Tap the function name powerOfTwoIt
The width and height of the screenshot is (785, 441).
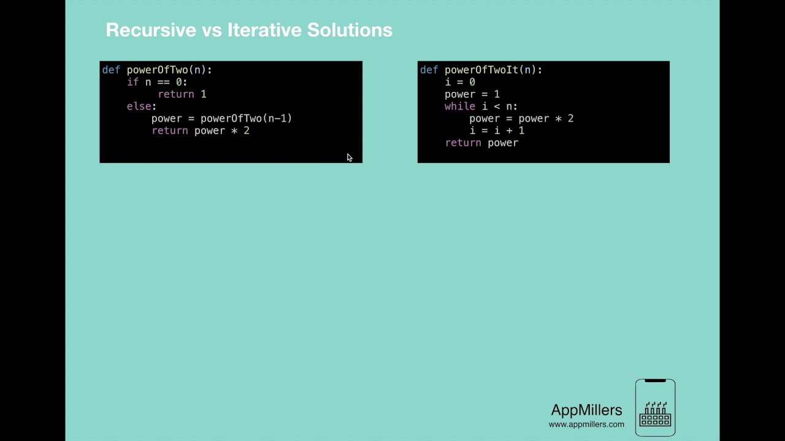point(481,70)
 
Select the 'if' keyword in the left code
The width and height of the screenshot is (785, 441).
point(132,82)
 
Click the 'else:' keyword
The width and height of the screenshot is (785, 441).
point(141,107)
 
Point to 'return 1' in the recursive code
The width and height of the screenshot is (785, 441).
point(182,94)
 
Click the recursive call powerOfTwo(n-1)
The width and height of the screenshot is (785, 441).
point(246,118)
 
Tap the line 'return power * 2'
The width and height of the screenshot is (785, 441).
point(200,130)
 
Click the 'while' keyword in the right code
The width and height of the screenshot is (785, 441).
point(460,107)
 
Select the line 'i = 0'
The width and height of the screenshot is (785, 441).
point(460,82)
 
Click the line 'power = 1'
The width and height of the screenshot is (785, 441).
point(472,94)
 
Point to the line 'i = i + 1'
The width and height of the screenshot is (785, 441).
point(497,130)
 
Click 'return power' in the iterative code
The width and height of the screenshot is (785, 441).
point(481,143)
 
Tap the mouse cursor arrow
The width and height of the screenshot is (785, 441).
point(349,157)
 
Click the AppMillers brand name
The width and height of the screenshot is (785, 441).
point(586,410)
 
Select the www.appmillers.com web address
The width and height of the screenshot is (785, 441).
point(586,424)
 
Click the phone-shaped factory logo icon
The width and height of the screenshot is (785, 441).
point(655,408)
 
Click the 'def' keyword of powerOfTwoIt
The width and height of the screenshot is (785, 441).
point(429,70)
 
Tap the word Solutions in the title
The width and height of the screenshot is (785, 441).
point(350,30)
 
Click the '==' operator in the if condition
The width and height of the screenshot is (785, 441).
point(163,82)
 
